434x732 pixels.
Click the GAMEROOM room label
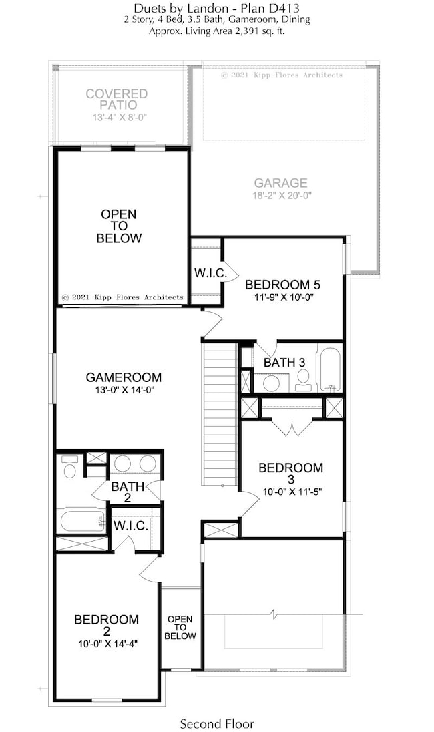pyautogui.click(x=124, y=377)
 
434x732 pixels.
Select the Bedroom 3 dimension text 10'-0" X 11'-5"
pyautogui.click(x=290, y=494)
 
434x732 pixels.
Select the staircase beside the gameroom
pyautogui.click(x=220, y=414)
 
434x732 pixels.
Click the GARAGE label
pyautogui.click(x=280, y=183)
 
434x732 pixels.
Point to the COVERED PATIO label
pyautogui.click(x=116, y=100)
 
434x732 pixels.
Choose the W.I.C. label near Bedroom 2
pyautogui.click(x=130, y=526)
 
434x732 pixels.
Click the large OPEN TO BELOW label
pyautogui.click(x=119, y=226)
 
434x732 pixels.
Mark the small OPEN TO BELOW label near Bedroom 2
pyautogui.click(x=180, y=628)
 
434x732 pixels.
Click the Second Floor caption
pyautogui.click(x=217, y=723)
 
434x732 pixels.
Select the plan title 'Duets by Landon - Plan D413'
pyautogui.click(x=216, y=8)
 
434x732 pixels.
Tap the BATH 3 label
pyautogui.click(x=284, y=363)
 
